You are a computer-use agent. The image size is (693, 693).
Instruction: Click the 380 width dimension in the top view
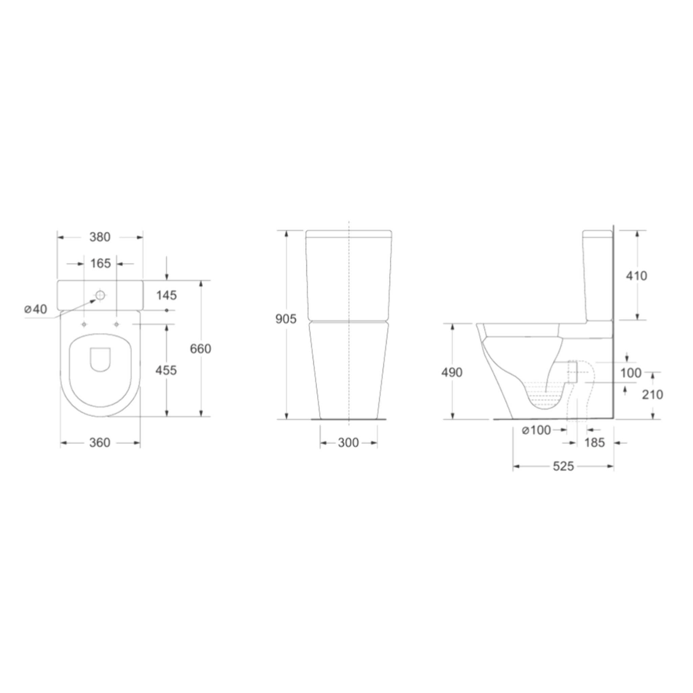tap(100, 237)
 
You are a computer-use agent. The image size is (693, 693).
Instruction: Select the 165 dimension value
tap(100, 264)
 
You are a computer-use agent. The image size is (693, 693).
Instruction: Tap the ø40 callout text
tap(36, 309)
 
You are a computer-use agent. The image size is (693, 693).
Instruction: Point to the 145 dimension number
tap(166, 295)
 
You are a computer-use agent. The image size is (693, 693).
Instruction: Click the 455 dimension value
tap(166, 370)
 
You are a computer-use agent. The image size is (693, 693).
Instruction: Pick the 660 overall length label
tap(201, 349)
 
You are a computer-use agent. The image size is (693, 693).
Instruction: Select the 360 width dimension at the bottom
tap(100, 443)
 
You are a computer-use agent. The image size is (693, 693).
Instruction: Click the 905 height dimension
tap(286, 319)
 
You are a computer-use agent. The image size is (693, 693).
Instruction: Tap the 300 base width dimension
tap(348, 443)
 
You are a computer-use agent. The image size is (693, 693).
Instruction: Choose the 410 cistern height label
tap(637, 276)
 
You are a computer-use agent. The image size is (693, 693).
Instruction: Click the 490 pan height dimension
tap(452, 373)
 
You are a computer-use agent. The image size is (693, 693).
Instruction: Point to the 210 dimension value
tap(652, 395)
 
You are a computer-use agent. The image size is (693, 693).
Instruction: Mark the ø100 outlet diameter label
tap(536, 430)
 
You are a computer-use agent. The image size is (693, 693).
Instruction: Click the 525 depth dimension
tap(563, 466)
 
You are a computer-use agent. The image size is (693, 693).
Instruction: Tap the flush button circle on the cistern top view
tap(100, 295)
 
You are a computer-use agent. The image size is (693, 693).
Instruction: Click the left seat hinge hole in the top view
tap(84, 324)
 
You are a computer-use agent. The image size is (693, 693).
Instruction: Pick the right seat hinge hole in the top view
tap(116, 324)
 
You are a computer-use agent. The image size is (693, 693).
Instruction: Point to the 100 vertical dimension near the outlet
tap(631, 373)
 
